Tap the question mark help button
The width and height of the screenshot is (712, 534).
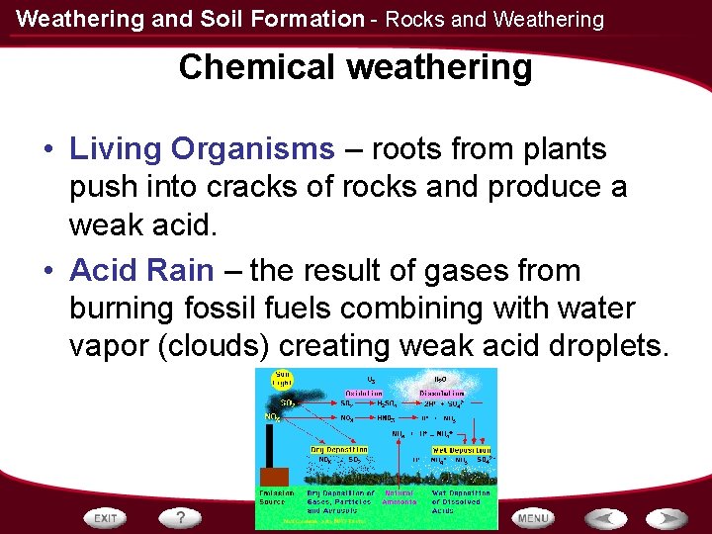(181, 517)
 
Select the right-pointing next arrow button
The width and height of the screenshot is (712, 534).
(667, 517)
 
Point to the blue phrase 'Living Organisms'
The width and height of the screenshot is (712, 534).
(203, 149)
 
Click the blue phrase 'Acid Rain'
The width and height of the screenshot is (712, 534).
(141, 270)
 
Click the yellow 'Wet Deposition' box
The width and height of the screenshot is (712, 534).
(458, 449)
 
